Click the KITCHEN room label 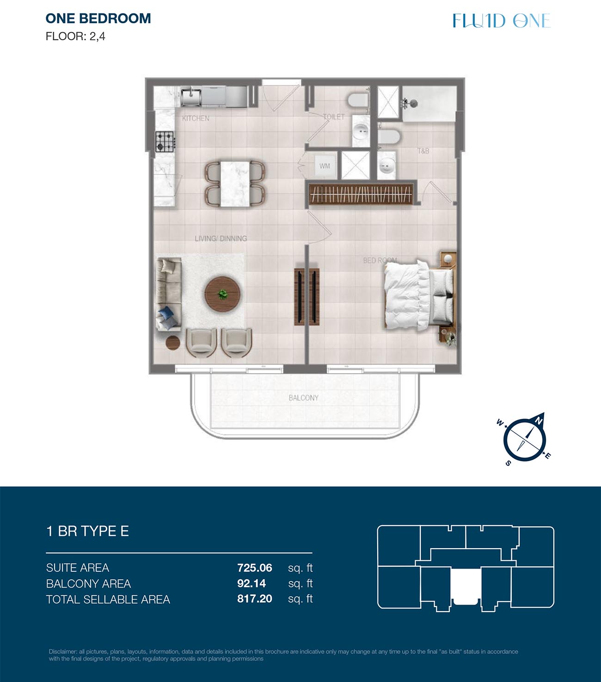click(x=196, y=118)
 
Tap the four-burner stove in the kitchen click(x=165, y=141)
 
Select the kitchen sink click(x=191, y=96)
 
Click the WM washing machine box click(x=325, y=166)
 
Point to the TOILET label click(x=334, y=117)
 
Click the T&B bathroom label click(x=423, y=151)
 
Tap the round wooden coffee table click(x=222, y=294)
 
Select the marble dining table click(x=235, y=184)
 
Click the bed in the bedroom click(x=419, y=294)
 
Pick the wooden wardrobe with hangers click(x=361, y=194)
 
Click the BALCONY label click(x=304, y=398)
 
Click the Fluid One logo click(x=502, y=20)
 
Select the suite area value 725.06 click(x=254, y=568)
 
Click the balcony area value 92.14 click(x=251, y=583)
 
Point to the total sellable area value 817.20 click(x=254, y=599)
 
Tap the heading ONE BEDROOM click(x=98, y=19)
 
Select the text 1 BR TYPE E click(x=87, y=531)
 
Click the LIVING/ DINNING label click(x=221, y=238)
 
